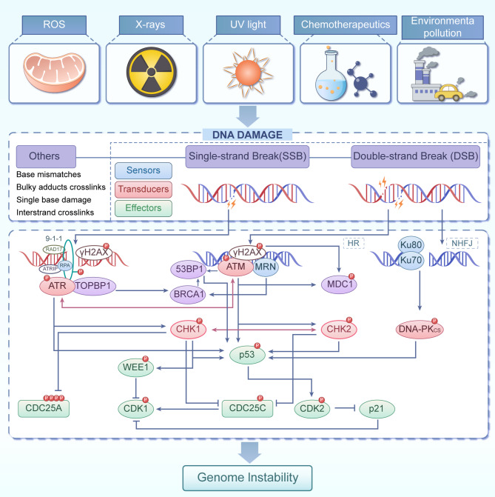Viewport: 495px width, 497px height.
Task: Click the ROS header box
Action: pyautogui.click(x=54, y=24)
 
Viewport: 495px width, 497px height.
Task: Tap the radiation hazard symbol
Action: pyautogui.click(x=152, y=72)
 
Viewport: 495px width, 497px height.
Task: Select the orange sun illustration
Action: pyautogui.click(x=248, y=73)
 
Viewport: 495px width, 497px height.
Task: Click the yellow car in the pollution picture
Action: pyautogui.click(x=448, y=93)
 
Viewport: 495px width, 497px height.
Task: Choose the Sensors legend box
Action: pyautogui.click(x=144, y=170)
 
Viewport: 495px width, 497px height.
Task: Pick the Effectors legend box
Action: pyautogui.click(x=144, y=208)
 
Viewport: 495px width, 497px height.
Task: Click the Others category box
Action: pyautogui.click(x=46, y=156)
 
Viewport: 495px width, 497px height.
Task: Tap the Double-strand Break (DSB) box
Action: pyautogui.click(x=416, y=156)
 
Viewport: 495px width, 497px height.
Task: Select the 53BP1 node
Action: pyautogui.click(x=189, y=270)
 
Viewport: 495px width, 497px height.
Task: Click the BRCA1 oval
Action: pyautogui.click(x=188, y=295)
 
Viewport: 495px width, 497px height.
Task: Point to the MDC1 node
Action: pyautogui.click(x=339, y=284)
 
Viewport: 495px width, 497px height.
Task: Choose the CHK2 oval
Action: pyautogui.click(x=339, y=330)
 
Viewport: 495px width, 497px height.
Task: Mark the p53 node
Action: pyautogui.click(x=247, y=355)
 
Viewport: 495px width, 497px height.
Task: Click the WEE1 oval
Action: pyautogui.click(x=136, y=367)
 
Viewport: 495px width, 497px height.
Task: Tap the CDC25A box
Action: pyautogui.click(x=44, y=408)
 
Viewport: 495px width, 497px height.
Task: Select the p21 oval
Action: pyautogui.click(x=377, y=409)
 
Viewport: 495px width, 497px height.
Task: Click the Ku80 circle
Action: pyautogui.click(x=411, y=245)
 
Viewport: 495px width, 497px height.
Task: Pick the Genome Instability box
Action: pyautogui.click(x=247, y=478)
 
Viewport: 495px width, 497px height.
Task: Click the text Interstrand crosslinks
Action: pyautogui.click(x=55, y=213)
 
